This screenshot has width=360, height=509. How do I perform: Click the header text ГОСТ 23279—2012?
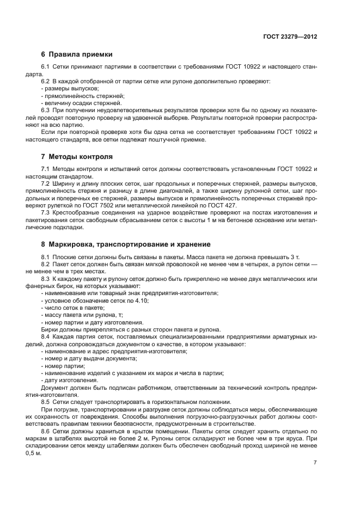click(x=290, y=36)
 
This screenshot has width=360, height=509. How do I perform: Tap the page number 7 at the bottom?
click(x=315, y=462)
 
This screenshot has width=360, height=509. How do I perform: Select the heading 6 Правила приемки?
click(x=77, y=54)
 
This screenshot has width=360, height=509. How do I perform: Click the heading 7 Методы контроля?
click(x=77, y=157)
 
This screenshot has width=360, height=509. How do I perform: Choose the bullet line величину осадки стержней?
click(x=74, y=103)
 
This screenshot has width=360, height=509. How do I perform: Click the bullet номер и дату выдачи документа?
click(x=89, y=359)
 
